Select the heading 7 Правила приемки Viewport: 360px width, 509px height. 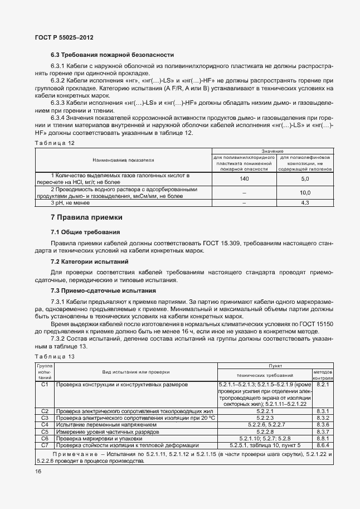point(86,217)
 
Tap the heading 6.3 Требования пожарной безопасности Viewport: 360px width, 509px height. point(112,55)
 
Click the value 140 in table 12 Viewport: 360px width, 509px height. point(244,179)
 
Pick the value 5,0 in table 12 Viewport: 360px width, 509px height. point(305,179)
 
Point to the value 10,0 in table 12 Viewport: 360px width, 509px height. point(305,193)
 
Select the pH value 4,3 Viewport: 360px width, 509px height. point(305,203)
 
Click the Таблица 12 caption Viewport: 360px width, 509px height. point(55,143)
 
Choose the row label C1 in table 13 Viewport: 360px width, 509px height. point(46,385)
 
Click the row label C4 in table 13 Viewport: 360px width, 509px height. point(46,424)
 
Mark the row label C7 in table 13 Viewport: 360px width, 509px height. point(46,444)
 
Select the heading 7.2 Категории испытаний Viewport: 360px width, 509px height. point(90,261)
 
